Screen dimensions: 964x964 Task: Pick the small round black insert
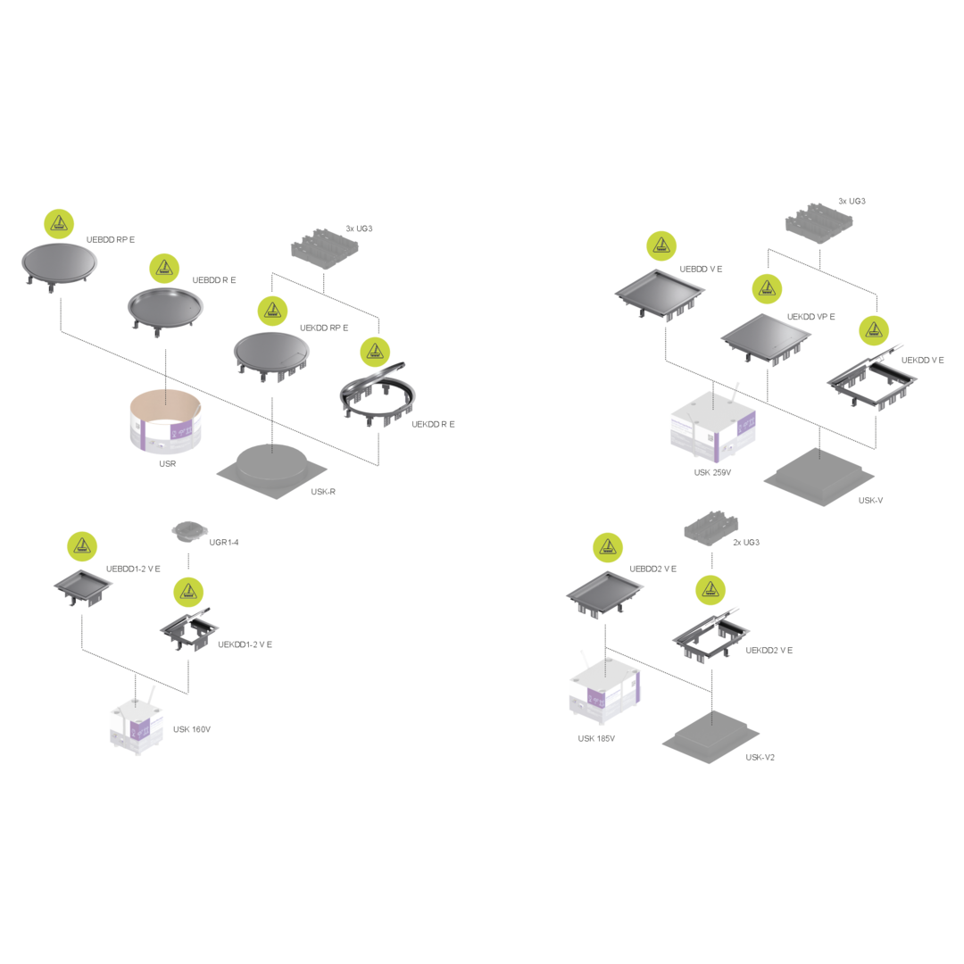tap(188, 532)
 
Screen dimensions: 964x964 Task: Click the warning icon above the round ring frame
tap(375, 352)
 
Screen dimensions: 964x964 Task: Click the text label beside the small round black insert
tap(224, 542)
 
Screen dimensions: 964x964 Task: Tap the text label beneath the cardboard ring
tap(167, 464)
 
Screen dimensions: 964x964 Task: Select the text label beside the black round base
tap(322, 491)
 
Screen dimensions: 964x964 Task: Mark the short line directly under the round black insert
tap(188, 561)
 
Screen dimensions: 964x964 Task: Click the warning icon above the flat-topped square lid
tap(767, 288)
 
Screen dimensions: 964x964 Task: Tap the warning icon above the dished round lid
tap(164, 267)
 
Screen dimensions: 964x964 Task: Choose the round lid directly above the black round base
tap(271, 353)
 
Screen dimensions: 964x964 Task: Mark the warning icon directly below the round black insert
tap(188, 590)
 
